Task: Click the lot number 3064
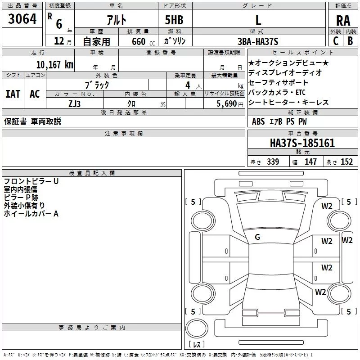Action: point(22,20)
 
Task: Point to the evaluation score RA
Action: point(343,21)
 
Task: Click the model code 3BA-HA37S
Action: point(258,41)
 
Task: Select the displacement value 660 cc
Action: point(135,41)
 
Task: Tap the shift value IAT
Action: point(13,94)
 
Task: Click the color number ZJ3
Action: point(75,104)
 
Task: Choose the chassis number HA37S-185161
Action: point(302,143)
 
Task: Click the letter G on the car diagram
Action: point(257,237)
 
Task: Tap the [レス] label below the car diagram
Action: point(196,345)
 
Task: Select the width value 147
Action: point(310,162)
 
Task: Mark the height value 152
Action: point(346,162)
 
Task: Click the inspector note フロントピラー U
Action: point(31,181)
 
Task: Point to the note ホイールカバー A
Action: point(31,214)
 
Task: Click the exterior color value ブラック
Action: point(97,84)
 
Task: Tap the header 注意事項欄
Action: point(124,134)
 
